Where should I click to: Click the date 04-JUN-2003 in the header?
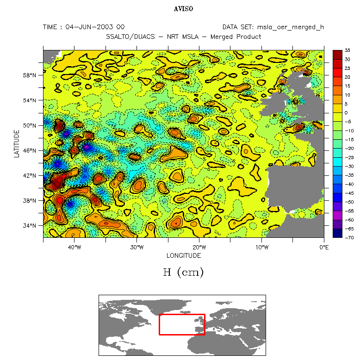pyautogui.click(x=95, y=27)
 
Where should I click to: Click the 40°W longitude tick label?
pyautogui.click(x=74, y=247)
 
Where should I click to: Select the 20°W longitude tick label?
pyautogui.click(x=199, y=247)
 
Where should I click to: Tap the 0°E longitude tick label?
pyautogui.click(x=323, y=247)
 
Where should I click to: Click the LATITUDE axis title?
pyautogui.click(x=17, y=143)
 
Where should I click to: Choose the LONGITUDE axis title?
pyautogui.click(x=183, y=255)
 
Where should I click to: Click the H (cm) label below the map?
pyautogui.click(x=183, y=273)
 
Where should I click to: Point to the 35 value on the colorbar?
pyautogui.click(x=347, y=50)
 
